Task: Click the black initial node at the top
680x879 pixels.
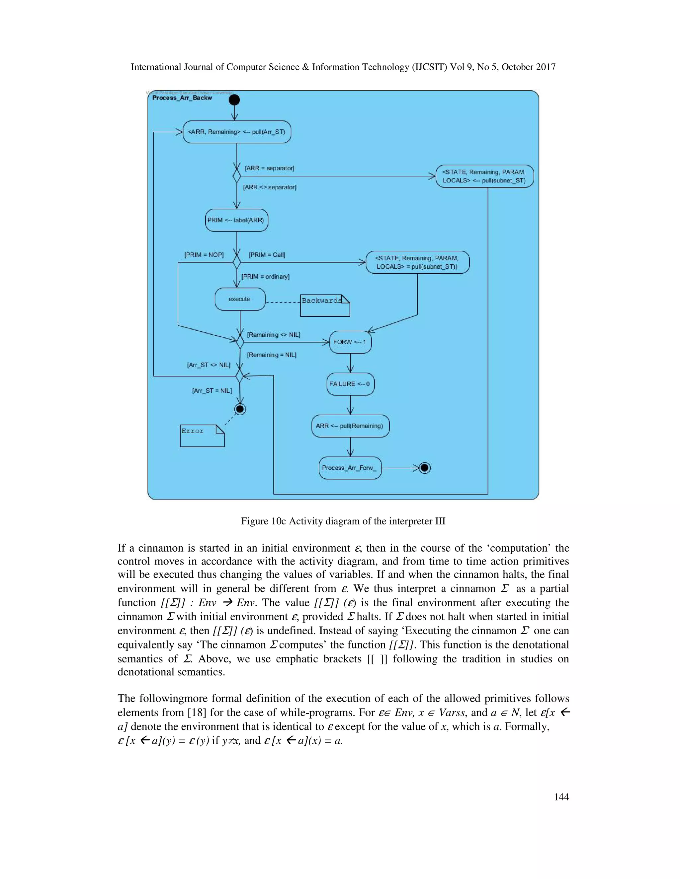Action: pos(234,100)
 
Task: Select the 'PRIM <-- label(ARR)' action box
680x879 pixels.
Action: pos(236,220)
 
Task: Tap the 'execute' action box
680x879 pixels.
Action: pos(240,299)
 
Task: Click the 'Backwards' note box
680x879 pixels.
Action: pos(325,305)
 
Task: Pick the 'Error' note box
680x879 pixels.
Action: pos(202,436)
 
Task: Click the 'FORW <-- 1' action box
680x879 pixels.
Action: pos(350,342)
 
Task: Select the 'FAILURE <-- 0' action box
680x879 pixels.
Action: pos(350,384)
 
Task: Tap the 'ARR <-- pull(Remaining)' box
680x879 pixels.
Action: pos(350,426)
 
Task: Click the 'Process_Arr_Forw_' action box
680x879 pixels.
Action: pos(350,468)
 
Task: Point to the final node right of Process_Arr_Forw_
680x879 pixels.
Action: pos(425,468)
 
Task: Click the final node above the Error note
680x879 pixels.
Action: pos(240,409)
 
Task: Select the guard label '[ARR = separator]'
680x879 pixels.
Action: pos(269,168)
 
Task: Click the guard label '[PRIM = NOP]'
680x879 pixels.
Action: pos(204,255)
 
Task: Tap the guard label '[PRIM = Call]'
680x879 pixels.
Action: pos(267,255)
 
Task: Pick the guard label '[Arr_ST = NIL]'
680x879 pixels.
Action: pos(212,390)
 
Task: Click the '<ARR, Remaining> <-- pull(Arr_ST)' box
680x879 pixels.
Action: pos(236,132)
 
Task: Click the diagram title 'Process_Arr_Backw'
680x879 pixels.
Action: pos(182,98)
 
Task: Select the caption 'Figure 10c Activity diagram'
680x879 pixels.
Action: pos(343,521)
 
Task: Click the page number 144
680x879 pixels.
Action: pos(561,797)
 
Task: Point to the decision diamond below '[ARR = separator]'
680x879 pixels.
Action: pos(237,176)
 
